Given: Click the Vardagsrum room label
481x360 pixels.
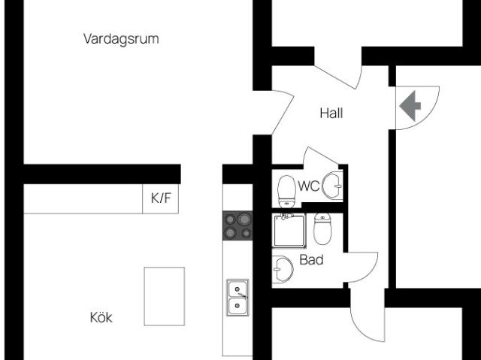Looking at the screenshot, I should (x=121, y=39).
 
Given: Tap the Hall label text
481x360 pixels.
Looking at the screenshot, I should (x=331, y=113).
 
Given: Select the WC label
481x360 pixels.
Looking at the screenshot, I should (x=309, y=186).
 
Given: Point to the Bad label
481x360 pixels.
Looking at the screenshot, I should (x=311, y=260).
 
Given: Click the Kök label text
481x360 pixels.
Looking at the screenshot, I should (x=101, y=318).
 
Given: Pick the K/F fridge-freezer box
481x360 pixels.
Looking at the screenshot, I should (x=161, y=199).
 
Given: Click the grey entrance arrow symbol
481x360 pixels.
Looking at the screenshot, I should (x=410, y=105).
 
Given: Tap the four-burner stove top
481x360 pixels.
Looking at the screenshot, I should (x=237, y=225).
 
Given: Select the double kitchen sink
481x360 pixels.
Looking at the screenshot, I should (x=237, y=295).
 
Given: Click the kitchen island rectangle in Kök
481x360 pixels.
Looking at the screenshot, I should (x=164, y=296).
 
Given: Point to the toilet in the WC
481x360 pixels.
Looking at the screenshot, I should (x=286, y=190).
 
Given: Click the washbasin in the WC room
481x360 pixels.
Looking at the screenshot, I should (x=333, y=183).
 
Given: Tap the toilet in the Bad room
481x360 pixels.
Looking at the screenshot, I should (x=323, y=230).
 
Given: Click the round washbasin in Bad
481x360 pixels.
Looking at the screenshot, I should (x=282, y=268).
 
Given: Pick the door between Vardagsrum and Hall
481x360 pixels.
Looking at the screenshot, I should (x=277, y=111).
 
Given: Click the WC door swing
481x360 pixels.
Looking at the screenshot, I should (x=320, y=158).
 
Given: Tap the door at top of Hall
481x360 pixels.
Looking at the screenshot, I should (x=339, y=76).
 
